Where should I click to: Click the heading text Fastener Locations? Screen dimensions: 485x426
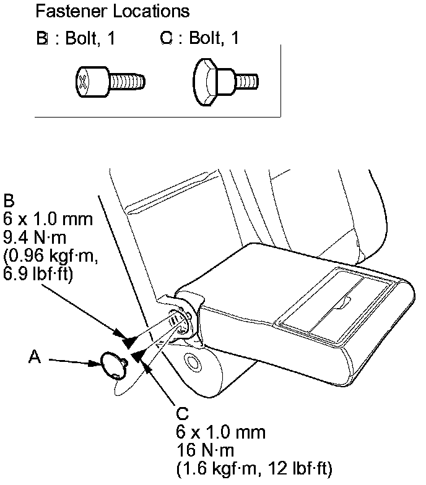click(112, 12)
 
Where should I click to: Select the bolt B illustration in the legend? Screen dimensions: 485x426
click(110, 80)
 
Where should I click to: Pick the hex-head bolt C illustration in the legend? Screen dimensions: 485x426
click(226, 80)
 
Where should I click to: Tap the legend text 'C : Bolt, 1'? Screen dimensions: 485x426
click(199, 39)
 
